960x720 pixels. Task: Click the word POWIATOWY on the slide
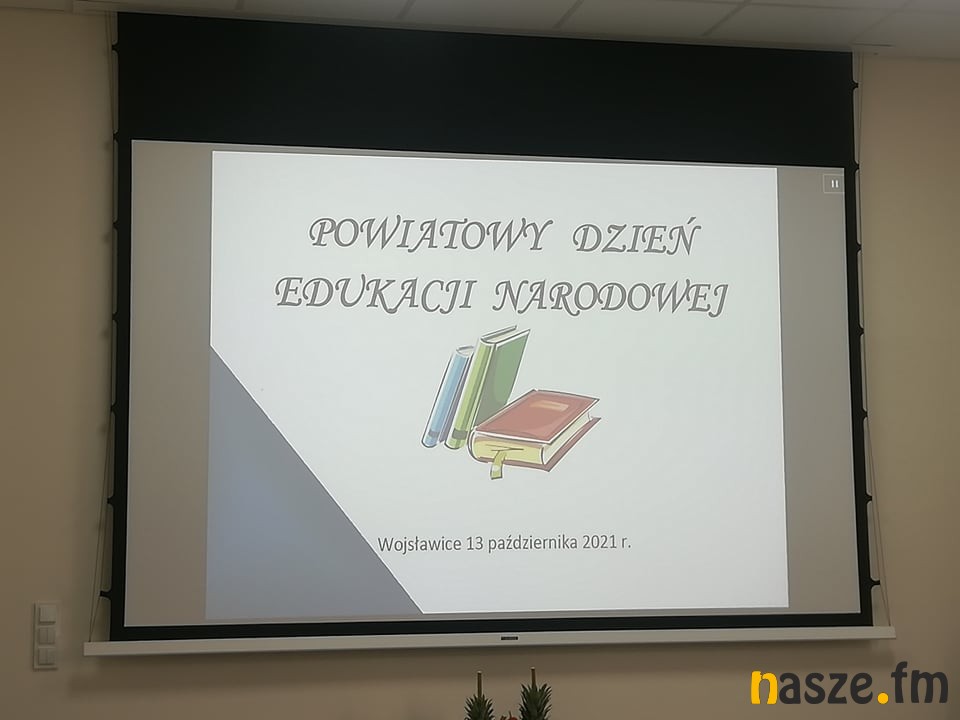[427, 234]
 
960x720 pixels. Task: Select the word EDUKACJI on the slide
[375, 293]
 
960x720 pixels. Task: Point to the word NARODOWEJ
[610, 297]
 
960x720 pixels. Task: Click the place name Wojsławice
[419, 544]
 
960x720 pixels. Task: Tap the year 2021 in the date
[599, 542]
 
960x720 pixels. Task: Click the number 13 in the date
[474, 543]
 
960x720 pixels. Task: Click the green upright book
[490, 386]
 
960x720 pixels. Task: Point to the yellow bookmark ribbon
[497, 462]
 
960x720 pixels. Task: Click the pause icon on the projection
[834, 184]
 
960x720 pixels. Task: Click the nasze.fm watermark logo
[849, 686]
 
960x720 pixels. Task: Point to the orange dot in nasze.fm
[882, 697]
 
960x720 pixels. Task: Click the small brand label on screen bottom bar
[509, 638]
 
